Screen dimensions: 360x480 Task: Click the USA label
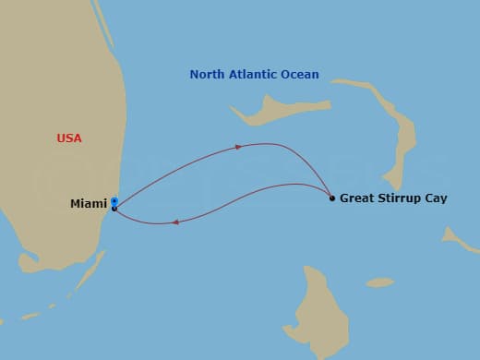point(69,138)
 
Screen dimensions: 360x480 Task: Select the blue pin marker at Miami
point(114,200)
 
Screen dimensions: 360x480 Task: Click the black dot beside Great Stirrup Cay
point(332,198)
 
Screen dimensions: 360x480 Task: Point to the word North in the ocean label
point(208,75)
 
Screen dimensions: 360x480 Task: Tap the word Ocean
point(302,75)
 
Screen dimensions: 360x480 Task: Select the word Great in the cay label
point(356,198)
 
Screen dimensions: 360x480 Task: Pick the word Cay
point(437,198)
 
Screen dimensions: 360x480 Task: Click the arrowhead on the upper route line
point(239,146)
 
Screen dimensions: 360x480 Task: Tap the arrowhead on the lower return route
point(174,222)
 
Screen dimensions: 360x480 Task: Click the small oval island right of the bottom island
point(379,282)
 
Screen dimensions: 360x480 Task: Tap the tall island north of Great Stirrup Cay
point(402,138)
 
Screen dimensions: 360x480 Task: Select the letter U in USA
point(61,138)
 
